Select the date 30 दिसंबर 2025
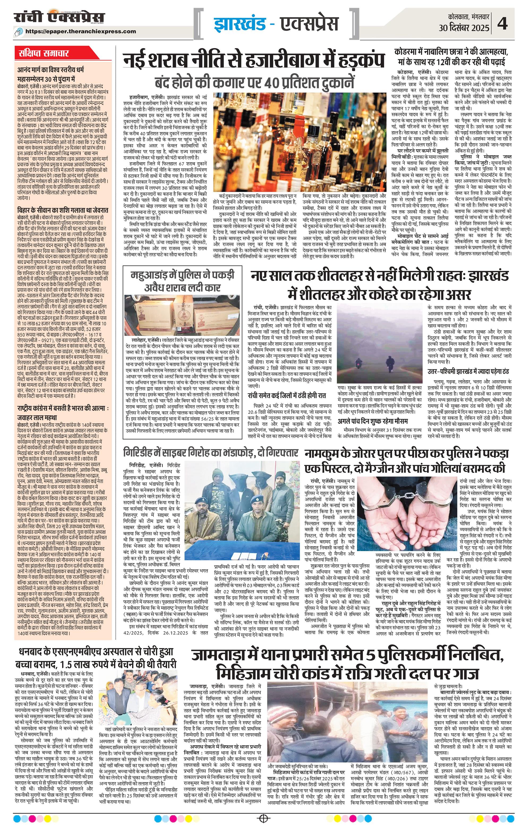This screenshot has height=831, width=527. (x=464, y=27)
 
